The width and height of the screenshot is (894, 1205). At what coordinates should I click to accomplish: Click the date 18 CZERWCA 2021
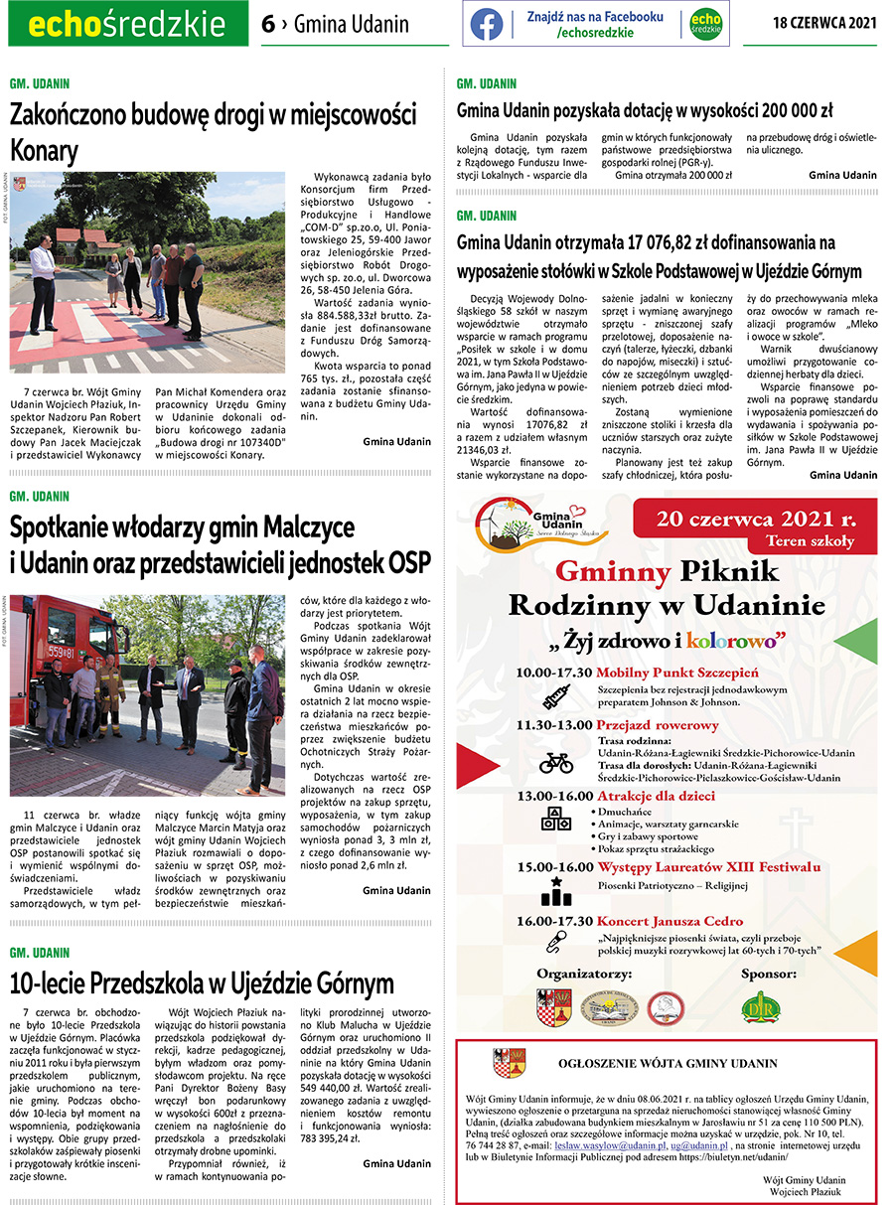pyautogui.click(x=824, y=23)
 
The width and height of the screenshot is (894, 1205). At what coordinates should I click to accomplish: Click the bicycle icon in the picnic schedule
pyautogui.click(x=555, y=763)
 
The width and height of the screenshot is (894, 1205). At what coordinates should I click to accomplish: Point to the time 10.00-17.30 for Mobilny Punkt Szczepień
pyautogui.click(x=554, y=673)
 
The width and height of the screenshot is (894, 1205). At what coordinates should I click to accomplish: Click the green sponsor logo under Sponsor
pyautogui.click(x=761, y=1006)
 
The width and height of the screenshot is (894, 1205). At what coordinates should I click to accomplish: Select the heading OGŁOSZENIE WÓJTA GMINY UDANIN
pyautogui.click(x=668, y=1063)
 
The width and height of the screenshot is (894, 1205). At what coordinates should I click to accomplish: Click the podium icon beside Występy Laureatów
pyautogui.click(x=555, y=889)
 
